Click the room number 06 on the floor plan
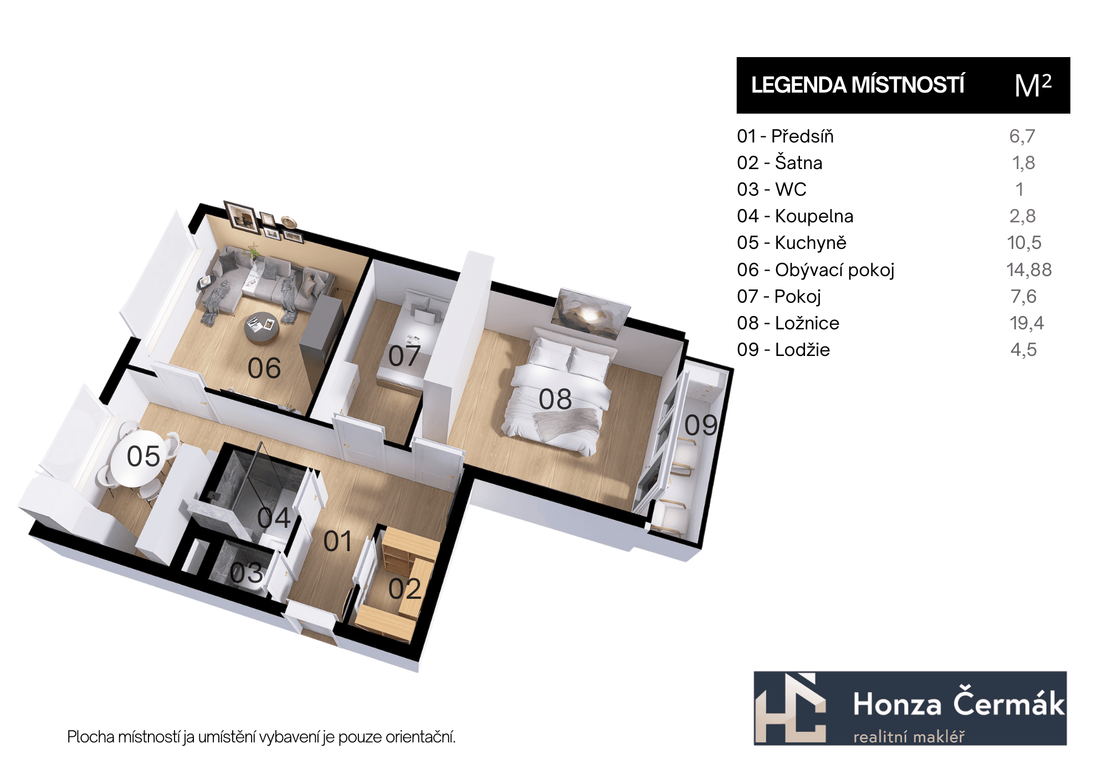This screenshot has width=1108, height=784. coord(264,368)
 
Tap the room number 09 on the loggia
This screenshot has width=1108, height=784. coord(701,425)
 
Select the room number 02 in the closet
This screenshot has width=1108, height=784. coord(405,589)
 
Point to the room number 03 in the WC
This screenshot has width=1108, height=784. coord(247,573)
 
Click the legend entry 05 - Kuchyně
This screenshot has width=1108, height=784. coord(792,243)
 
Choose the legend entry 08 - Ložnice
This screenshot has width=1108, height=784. coord(788,323)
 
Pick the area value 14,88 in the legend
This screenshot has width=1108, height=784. coord(1029,270)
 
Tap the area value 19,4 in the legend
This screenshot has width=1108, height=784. coord(1027,323)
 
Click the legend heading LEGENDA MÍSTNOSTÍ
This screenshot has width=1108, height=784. coord(858,85)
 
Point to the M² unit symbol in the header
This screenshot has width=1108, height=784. coord(1033,85)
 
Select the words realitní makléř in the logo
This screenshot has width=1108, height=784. coord(909,737)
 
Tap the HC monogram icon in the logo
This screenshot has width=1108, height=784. coord(791,709)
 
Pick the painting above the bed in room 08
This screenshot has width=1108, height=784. coord(591,314)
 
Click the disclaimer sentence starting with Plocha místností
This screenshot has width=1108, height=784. coord(261,737)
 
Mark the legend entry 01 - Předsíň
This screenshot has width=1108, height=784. coord(785,136)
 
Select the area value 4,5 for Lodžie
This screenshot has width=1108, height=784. coord(1023,350)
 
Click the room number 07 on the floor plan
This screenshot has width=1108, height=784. coord(404,356)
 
